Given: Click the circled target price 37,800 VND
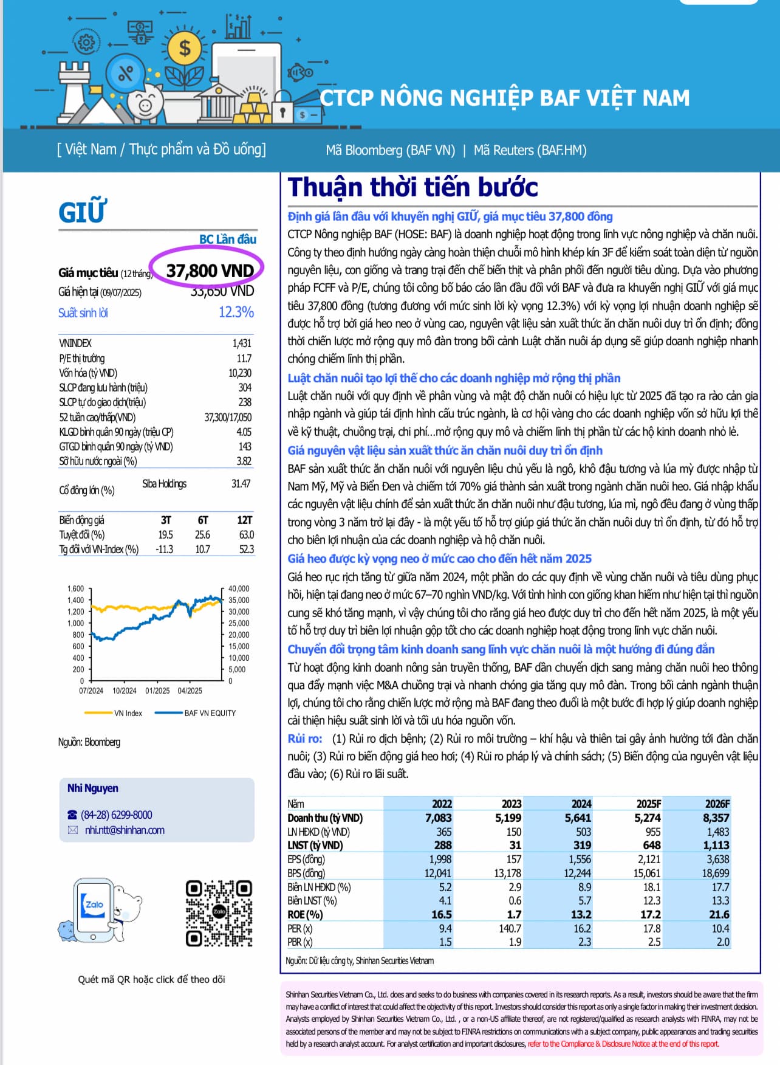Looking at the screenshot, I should [210, 271].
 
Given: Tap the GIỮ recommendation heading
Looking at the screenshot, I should [82, 212].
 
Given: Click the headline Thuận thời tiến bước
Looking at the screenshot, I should [413, 187].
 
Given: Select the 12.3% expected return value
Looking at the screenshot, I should [236, 312].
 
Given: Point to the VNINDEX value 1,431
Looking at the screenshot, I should [241, 343].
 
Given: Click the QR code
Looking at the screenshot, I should [219, 913].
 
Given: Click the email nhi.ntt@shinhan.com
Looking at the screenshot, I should [125, 830].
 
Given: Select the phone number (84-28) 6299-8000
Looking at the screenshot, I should [117, 815].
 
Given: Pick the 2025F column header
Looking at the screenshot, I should [648, 804].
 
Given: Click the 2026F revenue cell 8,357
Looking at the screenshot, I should [716, 818].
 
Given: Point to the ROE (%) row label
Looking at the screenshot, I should [306, 915].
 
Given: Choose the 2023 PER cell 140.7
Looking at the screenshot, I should [510, 929].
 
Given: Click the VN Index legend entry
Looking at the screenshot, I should [128, 713].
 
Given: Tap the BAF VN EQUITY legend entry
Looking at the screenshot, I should [210, 713].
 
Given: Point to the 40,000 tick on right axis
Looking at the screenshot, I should [239, 588].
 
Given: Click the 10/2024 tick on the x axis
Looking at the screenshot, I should [125, 691].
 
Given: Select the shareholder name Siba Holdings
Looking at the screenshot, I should [165, 484].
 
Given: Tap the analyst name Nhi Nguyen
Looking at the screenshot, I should [93, 788].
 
